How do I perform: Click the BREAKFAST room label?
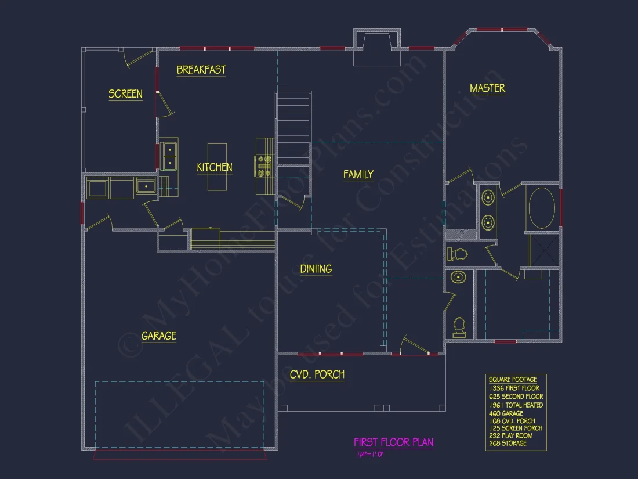coord(201,70)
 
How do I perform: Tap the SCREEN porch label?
coord(125,94)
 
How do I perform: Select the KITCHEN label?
coord(215,168)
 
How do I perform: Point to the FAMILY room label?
coord(358,174)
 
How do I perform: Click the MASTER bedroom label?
coord(487,88)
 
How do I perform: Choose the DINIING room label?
coord(316,269)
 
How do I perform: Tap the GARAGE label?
coord(158,336)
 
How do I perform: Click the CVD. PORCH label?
coord(317,374)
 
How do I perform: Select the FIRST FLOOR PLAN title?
coord(394,442)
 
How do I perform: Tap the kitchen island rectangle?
coord(217,167)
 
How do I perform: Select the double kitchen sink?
coord(169,156)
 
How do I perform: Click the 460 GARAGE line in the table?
coord(506,413)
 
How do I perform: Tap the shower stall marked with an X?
coord(544,248)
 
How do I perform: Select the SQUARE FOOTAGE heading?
coord(513,380)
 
